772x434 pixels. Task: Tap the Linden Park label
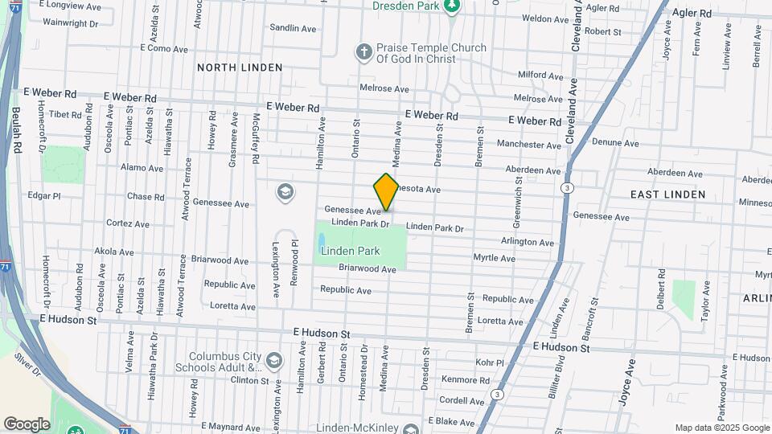350,251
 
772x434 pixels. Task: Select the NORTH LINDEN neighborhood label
240,68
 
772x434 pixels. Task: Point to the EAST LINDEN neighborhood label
667,194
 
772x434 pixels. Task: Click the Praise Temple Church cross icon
363,53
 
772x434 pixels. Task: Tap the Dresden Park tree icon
453,6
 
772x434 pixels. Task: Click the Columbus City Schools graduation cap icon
275,359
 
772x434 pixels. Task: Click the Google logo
27,424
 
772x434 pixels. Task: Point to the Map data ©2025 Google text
721,428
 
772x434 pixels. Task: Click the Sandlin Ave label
294,28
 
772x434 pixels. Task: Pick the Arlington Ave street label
528,242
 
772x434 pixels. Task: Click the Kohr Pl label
489,362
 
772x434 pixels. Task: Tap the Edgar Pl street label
44,195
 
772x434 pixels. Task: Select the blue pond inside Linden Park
322,241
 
